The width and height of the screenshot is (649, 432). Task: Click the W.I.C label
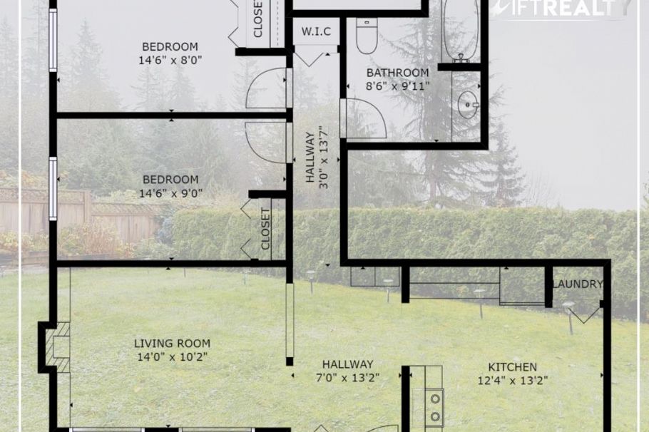(315, 31)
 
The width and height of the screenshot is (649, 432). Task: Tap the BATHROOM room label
(397, 73)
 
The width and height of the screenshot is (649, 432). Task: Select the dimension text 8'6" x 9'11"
(397, 86)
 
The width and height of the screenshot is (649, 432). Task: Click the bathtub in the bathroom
(460, 29)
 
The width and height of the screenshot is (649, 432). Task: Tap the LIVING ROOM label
(172, 343)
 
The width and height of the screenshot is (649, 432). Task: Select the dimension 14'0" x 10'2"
(171, 356)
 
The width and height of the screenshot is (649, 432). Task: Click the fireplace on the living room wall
(57, 348)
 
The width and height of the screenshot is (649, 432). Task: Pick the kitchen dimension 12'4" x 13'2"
(513, 381)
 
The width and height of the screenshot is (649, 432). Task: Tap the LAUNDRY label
(578, 284)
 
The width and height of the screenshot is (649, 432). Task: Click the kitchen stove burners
(435, 407)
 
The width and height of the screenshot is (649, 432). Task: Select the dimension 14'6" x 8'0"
(170, 61)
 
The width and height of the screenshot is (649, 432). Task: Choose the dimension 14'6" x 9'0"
(170, 192)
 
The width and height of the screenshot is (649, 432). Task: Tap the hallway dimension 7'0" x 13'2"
(347, 377)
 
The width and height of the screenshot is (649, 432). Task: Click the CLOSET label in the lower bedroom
(266, 229)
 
